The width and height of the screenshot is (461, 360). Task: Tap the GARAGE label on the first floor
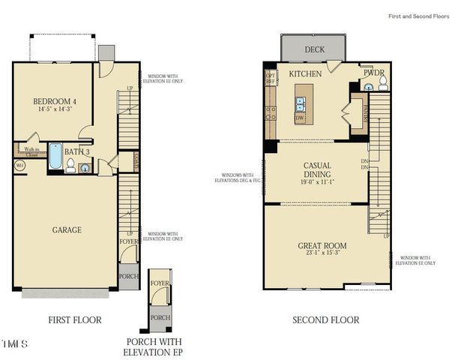pos(66,229)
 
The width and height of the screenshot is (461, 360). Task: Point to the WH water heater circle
pos(20,164)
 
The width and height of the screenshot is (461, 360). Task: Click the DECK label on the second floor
pos(314,50)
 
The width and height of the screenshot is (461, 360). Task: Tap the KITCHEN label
pos(306,73)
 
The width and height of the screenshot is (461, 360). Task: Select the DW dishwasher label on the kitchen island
pos(301,118)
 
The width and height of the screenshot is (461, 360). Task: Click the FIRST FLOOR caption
pos(75,320)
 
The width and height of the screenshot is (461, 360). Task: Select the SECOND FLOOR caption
pos(325,320)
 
